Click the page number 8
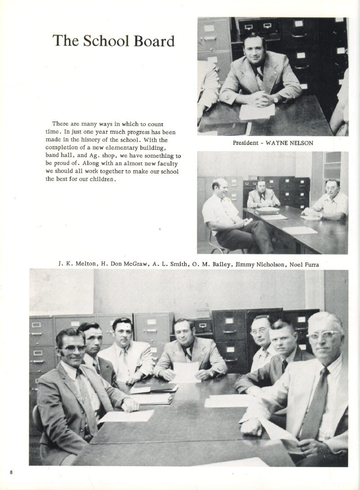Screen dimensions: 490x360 [x=11, y=472]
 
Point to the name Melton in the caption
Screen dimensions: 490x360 [x=85, y=264]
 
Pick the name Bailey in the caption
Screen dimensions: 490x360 [x=216, y=264]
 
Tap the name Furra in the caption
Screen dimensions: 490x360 [x=310, y=264]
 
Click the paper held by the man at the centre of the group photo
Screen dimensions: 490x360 [x=186, y=372]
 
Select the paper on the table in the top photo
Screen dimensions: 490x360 [x=256, y=111]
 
